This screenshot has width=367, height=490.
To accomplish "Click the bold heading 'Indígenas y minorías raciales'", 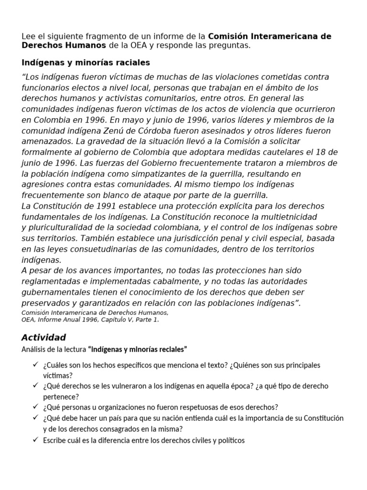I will click(86, 63).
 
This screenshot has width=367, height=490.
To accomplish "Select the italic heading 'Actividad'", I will click(44, 337).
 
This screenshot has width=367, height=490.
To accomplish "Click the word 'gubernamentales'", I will click(55, 292).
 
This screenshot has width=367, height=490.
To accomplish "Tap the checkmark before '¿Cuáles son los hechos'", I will click(35, 365).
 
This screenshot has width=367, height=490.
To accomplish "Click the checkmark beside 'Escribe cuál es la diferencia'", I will click(35, 440).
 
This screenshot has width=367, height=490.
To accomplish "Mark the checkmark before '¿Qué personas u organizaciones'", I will click(35, 407).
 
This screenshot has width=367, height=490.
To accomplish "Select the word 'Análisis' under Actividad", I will click(34, 349).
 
